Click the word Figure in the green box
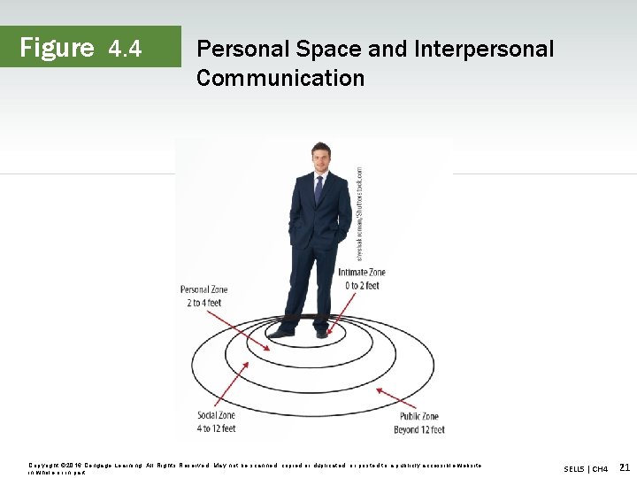[x=57, y=47]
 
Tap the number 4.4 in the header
[x=125, y=49]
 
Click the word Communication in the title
[x=280, y=78]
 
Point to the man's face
[x=320, y=161]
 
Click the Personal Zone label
[x=204, y=289]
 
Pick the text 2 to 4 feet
[x=204, y=303]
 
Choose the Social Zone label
[x=217, y=416]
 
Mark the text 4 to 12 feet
[x=217, y=429]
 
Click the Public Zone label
[x=418, y=416]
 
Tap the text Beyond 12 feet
[x=418, y=429]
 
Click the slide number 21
[x=625, y=466]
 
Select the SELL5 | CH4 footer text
[x=586, y=468]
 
